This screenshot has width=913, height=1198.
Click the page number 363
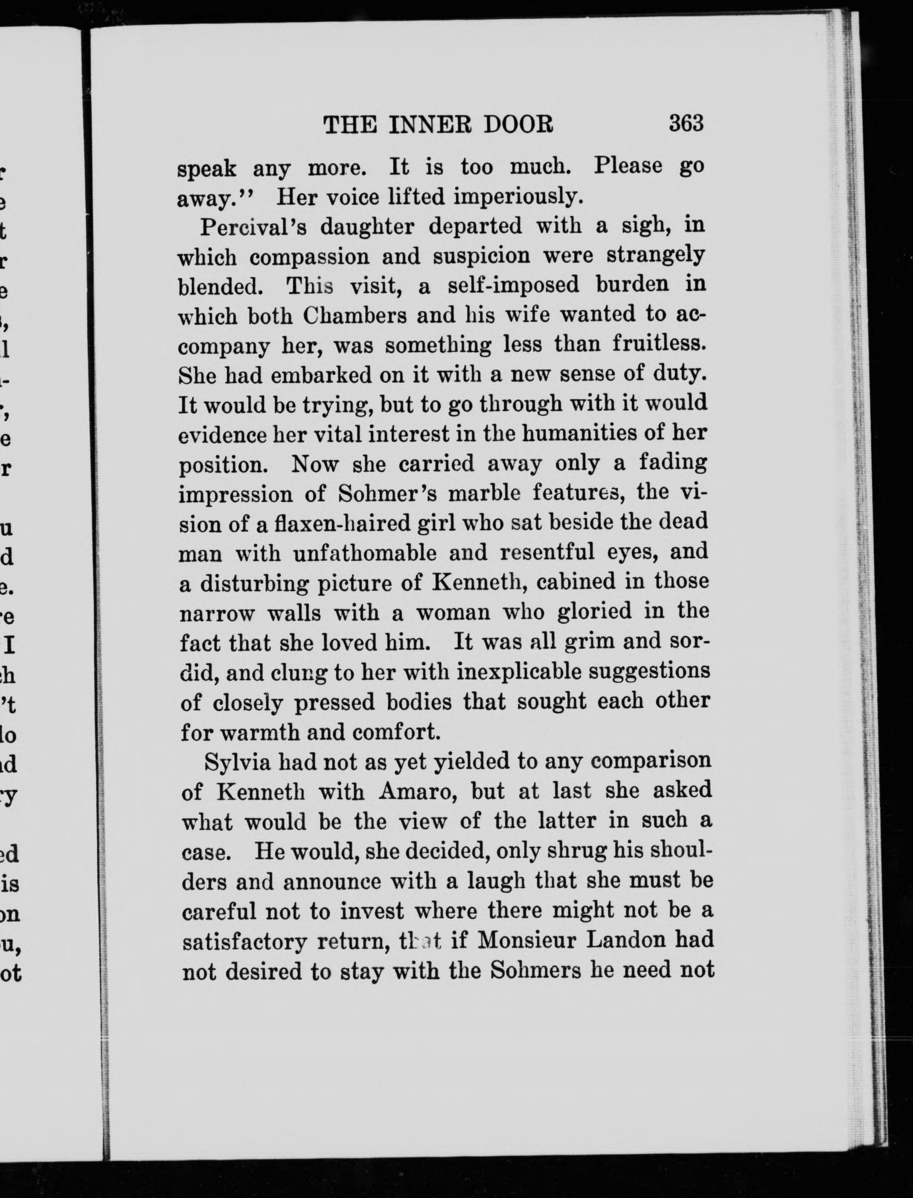pyautogui.click(x=686, y=123)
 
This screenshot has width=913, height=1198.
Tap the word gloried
pyautogui.click(x=595, y=612)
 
